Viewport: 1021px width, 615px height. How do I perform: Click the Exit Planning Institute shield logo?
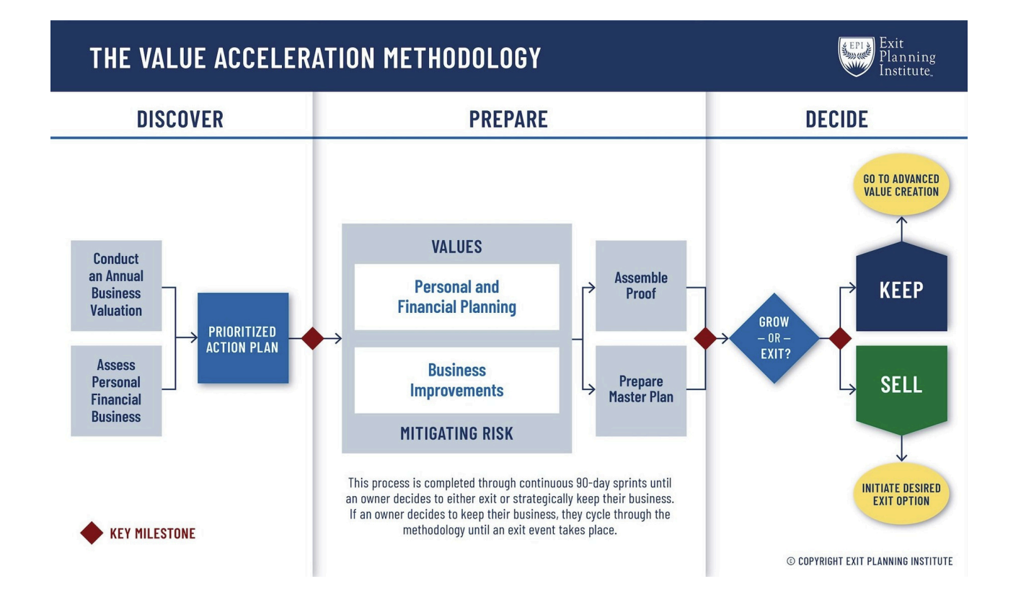(856, 56)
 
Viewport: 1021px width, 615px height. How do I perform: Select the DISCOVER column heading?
(180, 119)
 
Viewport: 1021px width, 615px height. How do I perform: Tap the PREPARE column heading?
(508, 119)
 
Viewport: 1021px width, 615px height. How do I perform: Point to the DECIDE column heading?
(836, 119)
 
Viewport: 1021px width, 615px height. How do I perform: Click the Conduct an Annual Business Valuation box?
(116, 286)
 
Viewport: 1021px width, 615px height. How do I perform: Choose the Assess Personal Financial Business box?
(116, 391)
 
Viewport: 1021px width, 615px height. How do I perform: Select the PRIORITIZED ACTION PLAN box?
(243, 338)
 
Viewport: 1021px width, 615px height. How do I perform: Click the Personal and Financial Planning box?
(456, 297)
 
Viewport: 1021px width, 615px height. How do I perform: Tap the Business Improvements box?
(456, 380)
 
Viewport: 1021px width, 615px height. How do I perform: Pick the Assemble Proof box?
(641, 286)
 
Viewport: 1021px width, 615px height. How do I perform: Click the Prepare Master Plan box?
(641, 390)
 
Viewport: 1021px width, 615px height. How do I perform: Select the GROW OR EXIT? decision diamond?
(774, 338)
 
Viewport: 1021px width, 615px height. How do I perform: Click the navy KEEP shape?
(901, 290)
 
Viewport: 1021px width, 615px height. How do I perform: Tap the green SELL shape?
(901, 385)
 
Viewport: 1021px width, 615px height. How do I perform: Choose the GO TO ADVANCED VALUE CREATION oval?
(901, 185)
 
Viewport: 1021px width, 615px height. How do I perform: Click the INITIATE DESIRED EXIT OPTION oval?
(901, 495)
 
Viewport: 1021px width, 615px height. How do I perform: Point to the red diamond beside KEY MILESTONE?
(92, 534)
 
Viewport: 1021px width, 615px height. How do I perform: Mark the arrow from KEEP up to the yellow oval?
(901, 229)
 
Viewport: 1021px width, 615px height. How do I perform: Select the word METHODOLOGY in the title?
(462, 58)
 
